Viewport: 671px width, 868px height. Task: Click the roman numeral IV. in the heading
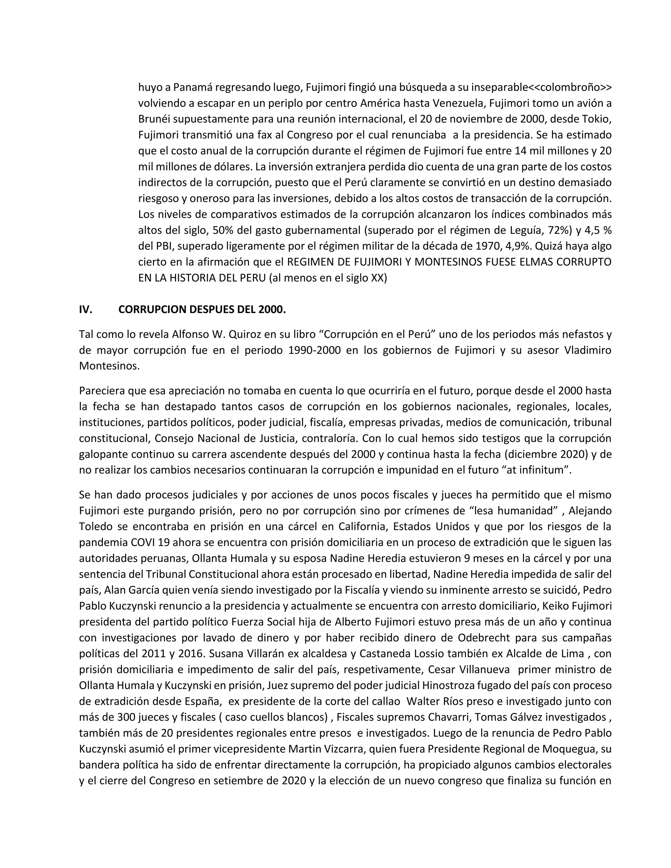(86, 310)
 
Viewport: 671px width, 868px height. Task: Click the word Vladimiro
(588, 350)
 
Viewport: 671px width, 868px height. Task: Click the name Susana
(227, 654)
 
